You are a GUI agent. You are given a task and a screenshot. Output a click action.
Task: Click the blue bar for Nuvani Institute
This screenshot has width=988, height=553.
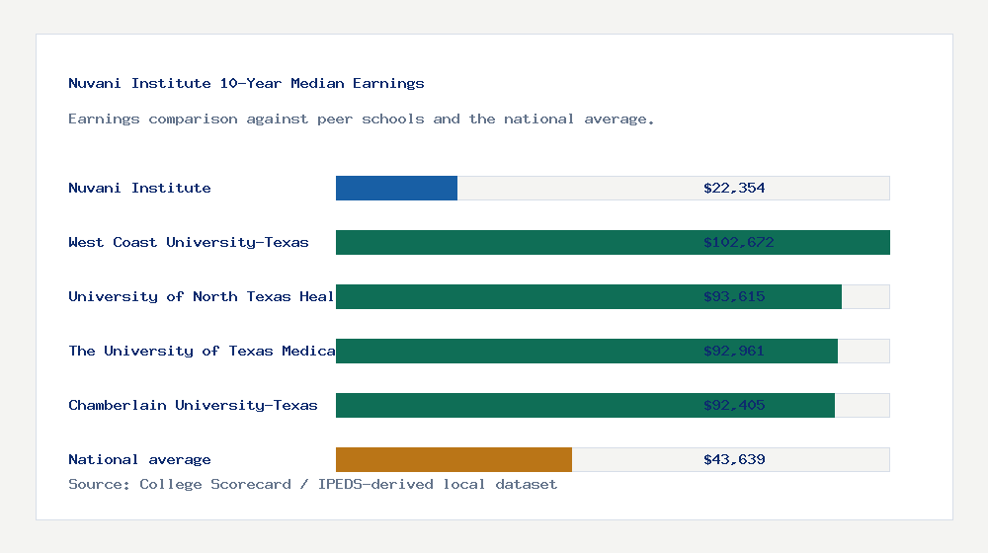click(x=396, y=188)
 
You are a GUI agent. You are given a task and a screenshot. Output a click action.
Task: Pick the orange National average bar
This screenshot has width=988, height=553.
click(x=453, y=459)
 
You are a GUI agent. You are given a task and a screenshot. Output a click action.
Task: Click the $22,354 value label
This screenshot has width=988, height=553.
click(x=734, y=188)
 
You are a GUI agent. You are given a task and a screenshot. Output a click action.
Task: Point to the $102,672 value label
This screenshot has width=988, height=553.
click(x=738, y=242)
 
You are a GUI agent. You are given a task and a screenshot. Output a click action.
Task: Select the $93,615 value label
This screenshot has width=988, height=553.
click(x=734, y=296)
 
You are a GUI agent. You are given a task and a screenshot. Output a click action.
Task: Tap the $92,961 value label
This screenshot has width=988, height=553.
click(x=734, y=351)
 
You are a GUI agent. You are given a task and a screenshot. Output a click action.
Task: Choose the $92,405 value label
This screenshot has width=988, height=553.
click(x=734, y=405)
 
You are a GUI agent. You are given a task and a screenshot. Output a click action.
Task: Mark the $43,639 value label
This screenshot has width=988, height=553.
click(x=734, y=459)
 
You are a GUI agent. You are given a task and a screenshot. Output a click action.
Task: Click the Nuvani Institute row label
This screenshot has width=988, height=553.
click(x=139, y=188)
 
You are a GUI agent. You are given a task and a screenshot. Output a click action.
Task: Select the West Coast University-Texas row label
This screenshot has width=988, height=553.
click(x=189, y=242)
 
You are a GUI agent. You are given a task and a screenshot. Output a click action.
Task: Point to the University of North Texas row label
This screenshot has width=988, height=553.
click(x=202, y=296)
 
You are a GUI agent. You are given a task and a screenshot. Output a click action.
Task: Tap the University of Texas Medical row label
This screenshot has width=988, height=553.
click(x=202, y=351)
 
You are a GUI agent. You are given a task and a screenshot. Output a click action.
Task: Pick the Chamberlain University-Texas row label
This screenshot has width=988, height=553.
click(x=193, y=405)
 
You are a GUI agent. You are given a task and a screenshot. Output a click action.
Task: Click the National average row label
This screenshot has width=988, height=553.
click(x=139, y=459)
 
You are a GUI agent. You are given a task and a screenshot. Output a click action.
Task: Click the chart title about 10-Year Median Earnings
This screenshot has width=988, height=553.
click(x=246, y=83)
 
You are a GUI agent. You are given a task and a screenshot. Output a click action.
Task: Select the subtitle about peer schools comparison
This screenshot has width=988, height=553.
click(x=361, y=118)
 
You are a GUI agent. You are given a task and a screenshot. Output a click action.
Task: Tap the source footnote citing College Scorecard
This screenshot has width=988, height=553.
click(x=312, y=484)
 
